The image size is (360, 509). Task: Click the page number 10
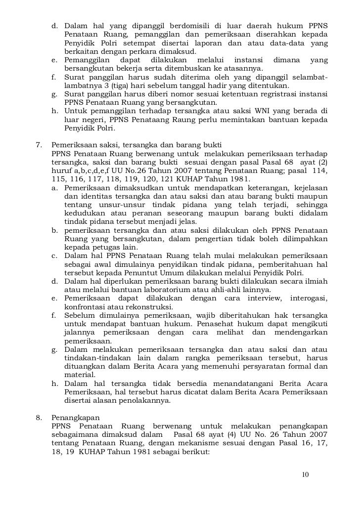click(x=305, y=475)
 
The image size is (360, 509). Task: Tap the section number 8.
click(x=39, y=416)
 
